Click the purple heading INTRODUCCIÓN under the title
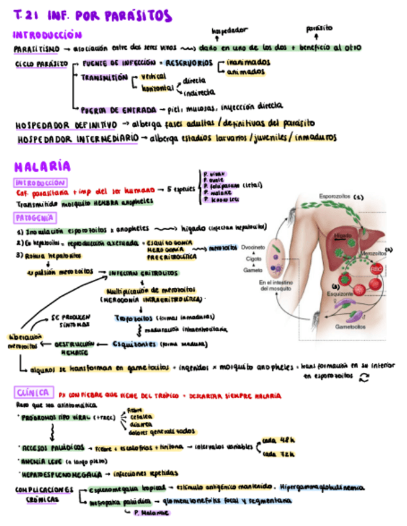click(x=47, y=35)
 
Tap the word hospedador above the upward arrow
click(x=230, y=30)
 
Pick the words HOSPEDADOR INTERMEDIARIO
click(x=78, y=138)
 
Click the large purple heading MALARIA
click(x=42, y=166)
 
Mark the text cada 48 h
click(x=275, y=440)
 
